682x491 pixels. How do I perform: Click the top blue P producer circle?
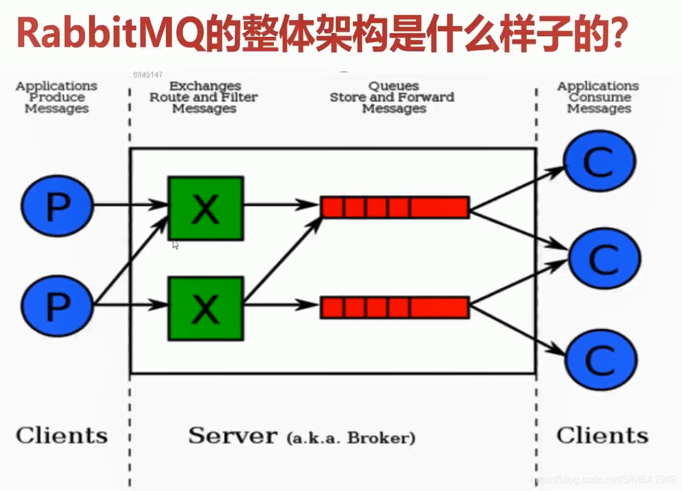57,206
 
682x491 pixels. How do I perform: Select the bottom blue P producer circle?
57,306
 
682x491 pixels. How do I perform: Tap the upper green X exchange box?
205,208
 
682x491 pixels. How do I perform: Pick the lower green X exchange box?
205,308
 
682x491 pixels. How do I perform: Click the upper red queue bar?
395,207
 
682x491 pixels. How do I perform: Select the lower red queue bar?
395,307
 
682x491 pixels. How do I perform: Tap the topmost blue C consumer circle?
600,162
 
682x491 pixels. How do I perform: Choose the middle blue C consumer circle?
604,258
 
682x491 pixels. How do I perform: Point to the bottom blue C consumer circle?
600,358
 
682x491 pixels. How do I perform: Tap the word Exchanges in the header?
205,86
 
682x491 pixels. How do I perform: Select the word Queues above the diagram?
393,86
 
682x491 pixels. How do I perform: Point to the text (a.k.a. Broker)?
350,437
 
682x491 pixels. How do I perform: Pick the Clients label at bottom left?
61,435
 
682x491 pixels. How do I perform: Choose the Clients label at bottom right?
602,435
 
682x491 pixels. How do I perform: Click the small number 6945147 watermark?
148,75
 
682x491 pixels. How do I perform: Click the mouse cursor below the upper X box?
175,244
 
